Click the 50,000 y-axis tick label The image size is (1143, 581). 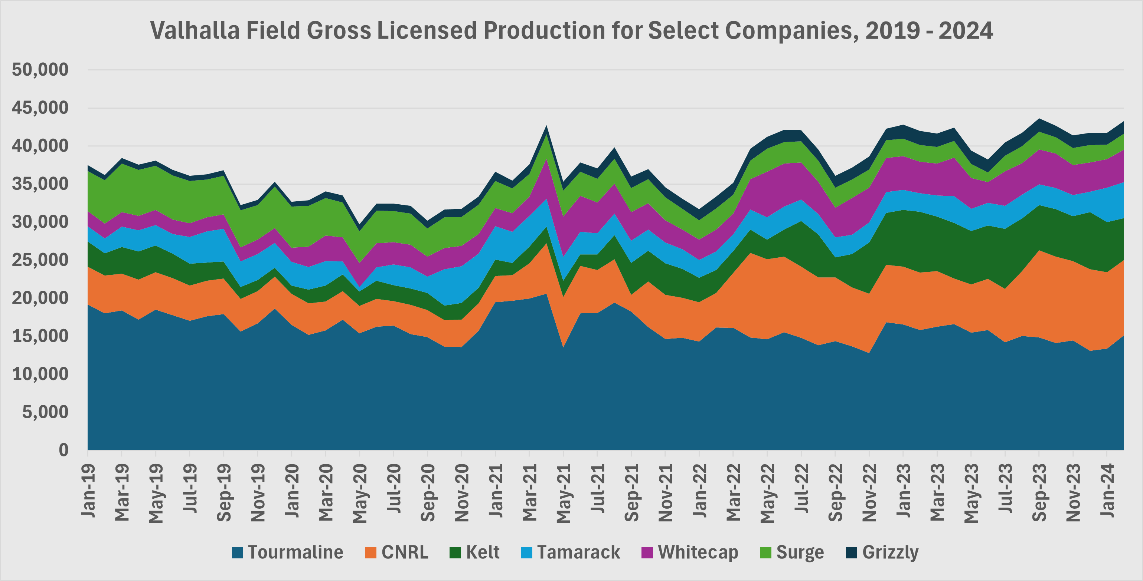pyautogui.click(x=40, y=70)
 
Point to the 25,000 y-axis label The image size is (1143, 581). pyautogui.click(x=40, y=260)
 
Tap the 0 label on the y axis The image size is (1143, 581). pyautogui.click(x=64, y=450)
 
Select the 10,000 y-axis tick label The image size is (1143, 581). pyautogui.click(x=40, y=374)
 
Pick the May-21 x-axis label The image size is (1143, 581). pyautogui.click(x=564, y=493)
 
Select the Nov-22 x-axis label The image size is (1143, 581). pyautogui.click(x=869, y=492)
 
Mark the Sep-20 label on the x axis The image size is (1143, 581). pyautogui.click(x=428, y=492)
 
